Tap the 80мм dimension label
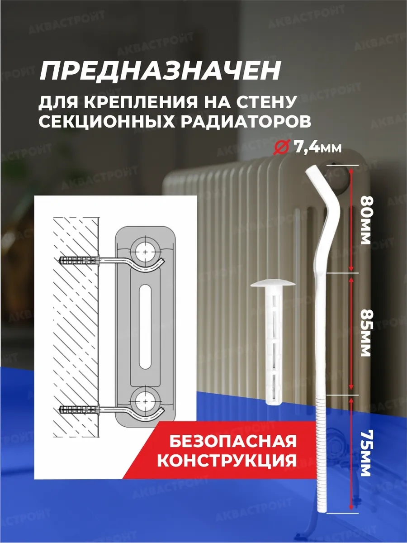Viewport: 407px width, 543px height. point(365,219)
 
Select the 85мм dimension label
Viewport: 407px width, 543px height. point(365,333)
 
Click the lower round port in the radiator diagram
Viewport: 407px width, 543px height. point(145,399)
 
